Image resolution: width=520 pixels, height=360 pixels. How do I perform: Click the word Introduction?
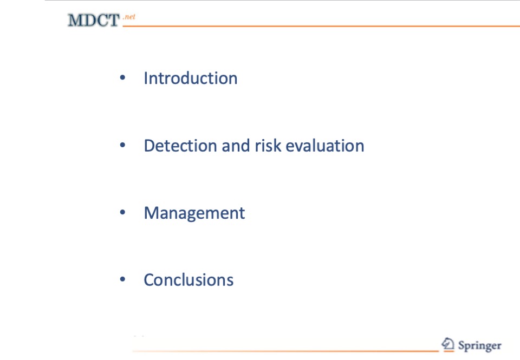point(190,78)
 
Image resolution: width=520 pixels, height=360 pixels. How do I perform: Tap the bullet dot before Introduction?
point(122,77)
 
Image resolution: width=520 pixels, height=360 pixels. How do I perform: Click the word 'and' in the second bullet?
point(236,146)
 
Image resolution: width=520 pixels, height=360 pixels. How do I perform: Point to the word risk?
point(268,146)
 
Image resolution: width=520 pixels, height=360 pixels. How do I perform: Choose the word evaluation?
point(325,146)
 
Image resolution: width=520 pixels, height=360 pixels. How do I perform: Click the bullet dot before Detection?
point(122,145)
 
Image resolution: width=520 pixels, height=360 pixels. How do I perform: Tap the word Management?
point(194,213)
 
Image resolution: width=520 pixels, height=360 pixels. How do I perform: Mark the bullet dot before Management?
point(122,212)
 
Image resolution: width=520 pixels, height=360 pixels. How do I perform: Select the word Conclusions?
point(188,280)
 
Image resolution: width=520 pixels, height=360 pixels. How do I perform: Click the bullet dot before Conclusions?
point(122,279)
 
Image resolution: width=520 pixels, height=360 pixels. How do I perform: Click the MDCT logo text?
point(94,20)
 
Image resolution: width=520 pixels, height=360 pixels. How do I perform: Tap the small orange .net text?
point(129,17)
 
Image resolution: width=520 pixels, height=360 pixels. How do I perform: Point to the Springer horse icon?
point(448,344)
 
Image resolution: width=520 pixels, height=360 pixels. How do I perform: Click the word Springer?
point(479,346)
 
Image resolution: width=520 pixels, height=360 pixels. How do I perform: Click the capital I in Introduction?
point(146,78)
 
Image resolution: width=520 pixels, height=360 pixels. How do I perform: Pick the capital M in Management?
point(151,213)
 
